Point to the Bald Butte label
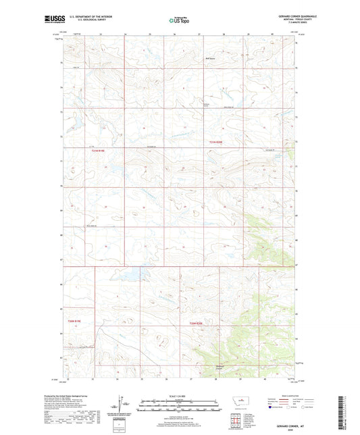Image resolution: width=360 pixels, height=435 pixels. (x=211, y=59)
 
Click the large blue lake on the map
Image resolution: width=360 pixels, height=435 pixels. (x=130, y=276)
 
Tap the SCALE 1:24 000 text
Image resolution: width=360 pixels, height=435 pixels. (x=180, y=396)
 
